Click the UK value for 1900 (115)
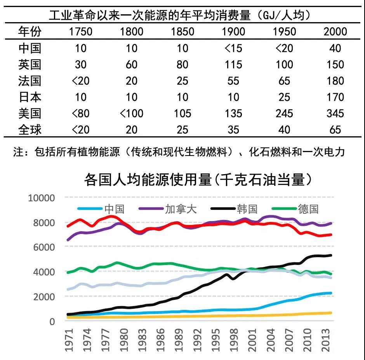coord(233,64)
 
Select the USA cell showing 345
coord(335,113)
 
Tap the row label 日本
coord(30,97)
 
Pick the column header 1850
coord(182,31)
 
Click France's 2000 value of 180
coord(335,81)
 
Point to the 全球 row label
coord(30,130)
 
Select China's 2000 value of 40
coord(335,48)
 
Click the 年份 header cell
coord(30,31)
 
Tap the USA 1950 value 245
coord(284,113)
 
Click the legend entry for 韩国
coord(247,209)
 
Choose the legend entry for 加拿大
coord(181,209)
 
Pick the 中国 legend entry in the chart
coord(114,209)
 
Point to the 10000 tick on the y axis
coord(42,198)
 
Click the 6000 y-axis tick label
coord(44,247)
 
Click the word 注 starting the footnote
coord(18,152)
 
